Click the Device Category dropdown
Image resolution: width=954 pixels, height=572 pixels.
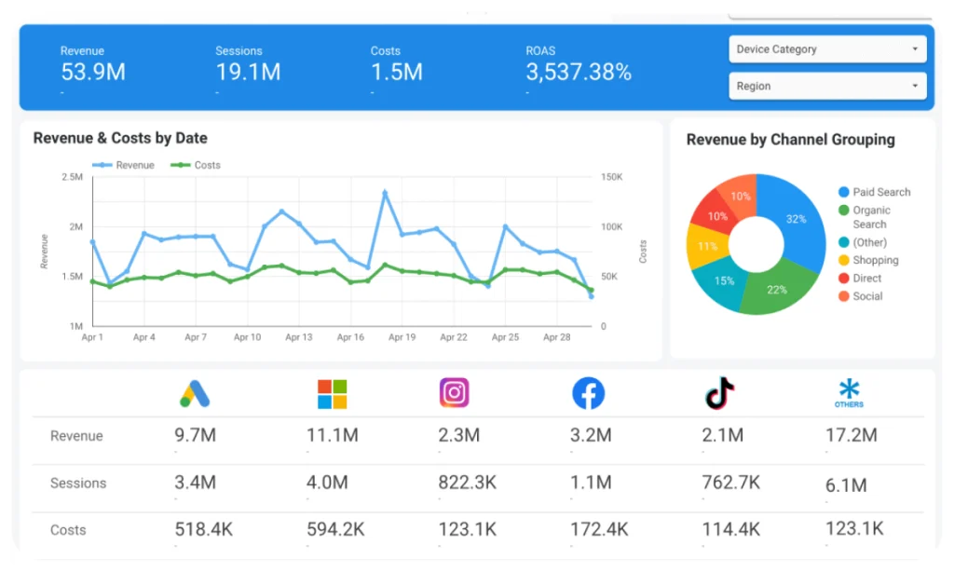827,49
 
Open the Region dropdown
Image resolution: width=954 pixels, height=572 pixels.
827,86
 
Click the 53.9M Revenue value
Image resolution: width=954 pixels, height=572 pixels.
93,72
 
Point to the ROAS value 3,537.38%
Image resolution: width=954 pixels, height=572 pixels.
579,72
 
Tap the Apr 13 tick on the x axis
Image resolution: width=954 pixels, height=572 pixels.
299,337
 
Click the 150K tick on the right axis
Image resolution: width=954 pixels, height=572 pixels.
611,176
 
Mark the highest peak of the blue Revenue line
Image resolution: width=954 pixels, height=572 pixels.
385,193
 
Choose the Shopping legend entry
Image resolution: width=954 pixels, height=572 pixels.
875,260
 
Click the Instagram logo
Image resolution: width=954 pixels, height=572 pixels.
454,393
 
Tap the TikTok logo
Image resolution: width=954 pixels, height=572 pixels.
719,393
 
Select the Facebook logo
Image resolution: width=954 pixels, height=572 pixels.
588,393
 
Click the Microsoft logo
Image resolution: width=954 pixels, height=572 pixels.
332,393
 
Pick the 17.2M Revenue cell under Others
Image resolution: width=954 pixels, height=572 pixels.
852,435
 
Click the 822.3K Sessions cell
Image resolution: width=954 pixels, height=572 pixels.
467,483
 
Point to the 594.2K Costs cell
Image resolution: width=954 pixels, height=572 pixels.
336,529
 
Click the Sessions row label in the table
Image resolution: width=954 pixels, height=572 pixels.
78,483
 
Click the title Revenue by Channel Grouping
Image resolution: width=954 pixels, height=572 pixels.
790,140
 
